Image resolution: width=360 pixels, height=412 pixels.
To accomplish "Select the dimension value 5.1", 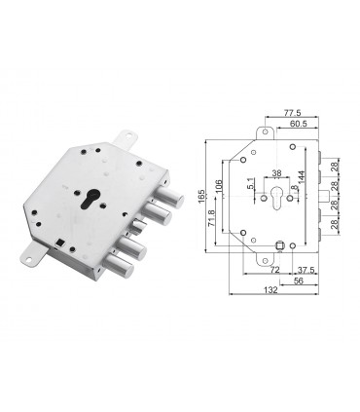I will [251, 182].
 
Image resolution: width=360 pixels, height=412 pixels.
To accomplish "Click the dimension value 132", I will [271, 290].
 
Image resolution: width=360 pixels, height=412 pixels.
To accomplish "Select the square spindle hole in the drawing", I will [280, 244].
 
